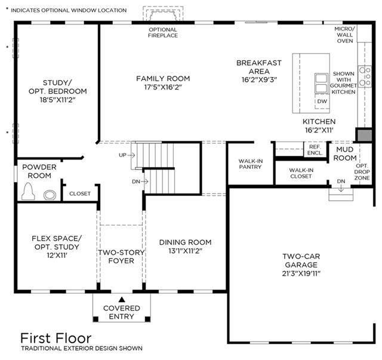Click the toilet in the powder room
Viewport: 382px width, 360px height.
(x=28, y=191)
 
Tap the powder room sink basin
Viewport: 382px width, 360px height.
(x=50, y=195)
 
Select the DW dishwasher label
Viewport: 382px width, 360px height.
(x=322, y=101)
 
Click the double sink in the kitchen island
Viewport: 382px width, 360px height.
(x=321, y=83)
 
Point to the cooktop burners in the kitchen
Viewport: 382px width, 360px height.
(x=365, y=76)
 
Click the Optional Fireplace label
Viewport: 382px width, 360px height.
(x=163, y=32)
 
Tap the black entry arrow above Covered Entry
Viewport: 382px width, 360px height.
(x=122, y=300)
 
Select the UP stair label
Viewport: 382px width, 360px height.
(x=122, y=155)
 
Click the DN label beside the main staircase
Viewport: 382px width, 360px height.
(x=136, y=181)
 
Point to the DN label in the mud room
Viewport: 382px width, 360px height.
(x=341, y=181)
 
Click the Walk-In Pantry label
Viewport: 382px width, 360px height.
(x=251, y=164)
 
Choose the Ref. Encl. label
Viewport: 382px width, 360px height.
(x=315, y=150)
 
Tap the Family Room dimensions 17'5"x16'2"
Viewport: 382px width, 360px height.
(x=163, y=87)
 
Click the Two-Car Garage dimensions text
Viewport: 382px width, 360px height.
(x=301, y=273)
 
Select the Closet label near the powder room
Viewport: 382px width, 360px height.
(x=80, y=194)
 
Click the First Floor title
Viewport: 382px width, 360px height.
(x=56, y=339)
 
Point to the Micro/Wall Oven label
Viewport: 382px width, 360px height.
(x=345, y=35)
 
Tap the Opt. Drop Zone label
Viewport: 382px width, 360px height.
(x=362, y=172)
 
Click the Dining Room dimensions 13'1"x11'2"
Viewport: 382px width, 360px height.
(x=185, y=251)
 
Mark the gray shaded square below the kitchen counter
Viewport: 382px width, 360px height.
(x=365, y=136)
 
